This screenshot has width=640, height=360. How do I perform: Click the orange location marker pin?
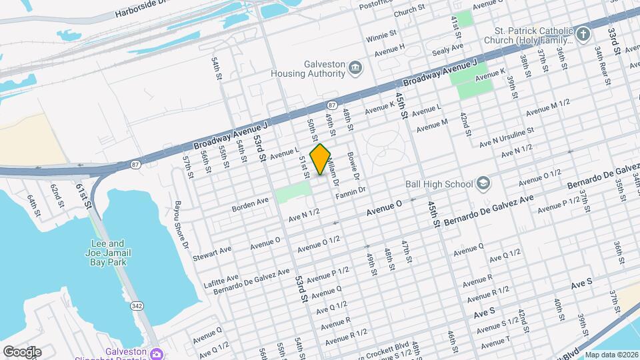pyautogui.click(x=321, y=159)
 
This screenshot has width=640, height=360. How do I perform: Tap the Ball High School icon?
pyautogui.click(x=483, y=184)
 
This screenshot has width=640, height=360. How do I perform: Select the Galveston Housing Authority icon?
pyautogui.click(x=355, y=67)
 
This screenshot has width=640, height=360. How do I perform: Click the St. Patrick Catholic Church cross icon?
pyautogui.click(x=583, y=35)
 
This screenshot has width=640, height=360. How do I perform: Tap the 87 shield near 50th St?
pyautogui.click(x=332, y=105)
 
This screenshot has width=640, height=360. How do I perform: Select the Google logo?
pyautogui.click(x=22, y=351)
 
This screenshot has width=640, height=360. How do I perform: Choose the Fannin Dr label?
pyautogui.click(x=352, y=191)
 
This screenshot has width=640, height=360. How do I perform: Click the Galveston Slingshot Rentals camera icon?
pyautogui.click(x=156, y=353)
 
